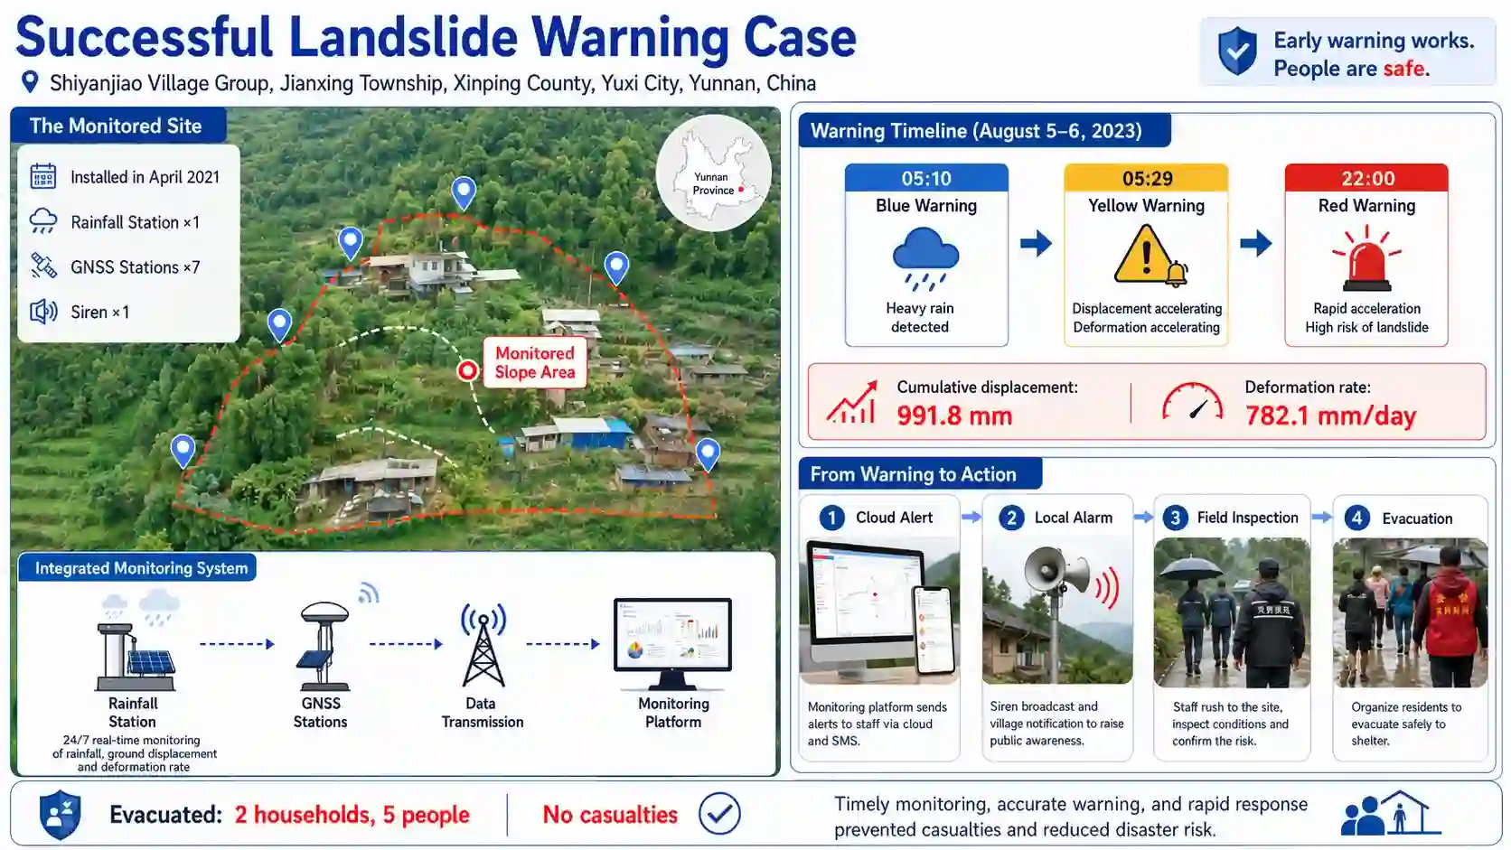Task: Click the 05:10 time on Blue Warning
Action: [x=926, y=179]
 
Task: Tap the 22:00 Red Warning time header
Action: [x=1366, y=178]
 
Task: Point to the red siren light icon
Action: [x=1366, y=258]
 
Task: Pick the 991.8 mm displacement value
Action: [x=954, y=416]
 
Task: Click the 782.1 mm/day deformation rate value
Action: [x=1330, y=416]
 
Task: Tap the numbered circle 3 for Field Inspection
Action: [x=1175, y=518]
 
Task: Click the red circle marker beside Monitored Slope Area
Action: [x=467, y=370]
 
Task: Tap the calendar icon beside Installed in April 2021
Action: [x=43, y=176]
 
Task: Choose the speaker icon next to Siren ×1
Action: [x=43, y=312]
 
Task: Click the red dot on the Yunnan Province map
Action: [x=741, y=190]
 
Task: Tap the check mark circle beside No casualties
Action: [x=719, y=814]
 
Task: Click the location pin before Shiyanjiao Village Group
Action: [x=30, y=82]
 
